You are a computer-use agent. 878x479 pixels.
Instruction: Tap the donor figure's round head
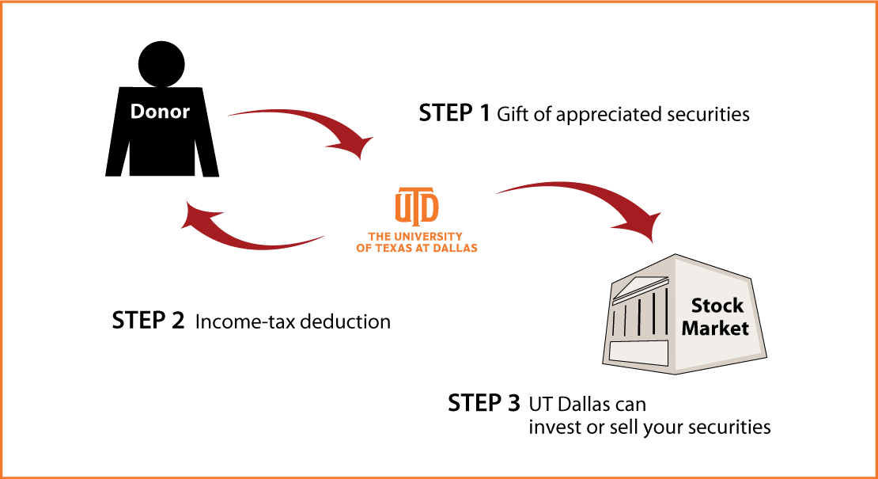[x=161, y=64]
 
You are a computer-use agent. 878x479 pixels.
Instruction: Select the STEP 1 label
[x=454, y=114]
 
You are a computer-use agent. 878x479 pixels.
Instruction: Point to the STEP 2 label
[x=149, y=321]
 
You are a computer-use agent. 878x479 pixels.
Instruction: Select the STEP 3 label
[x=484, y=403]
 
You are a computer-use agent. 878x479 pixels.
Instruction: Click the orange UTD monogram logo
[x=417, y=206]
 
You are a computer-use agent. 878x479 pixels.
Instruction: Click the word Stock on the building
[x=717, y=306]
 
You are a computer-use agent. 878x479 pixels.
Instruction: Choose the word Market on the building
[x=715, y=328]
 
